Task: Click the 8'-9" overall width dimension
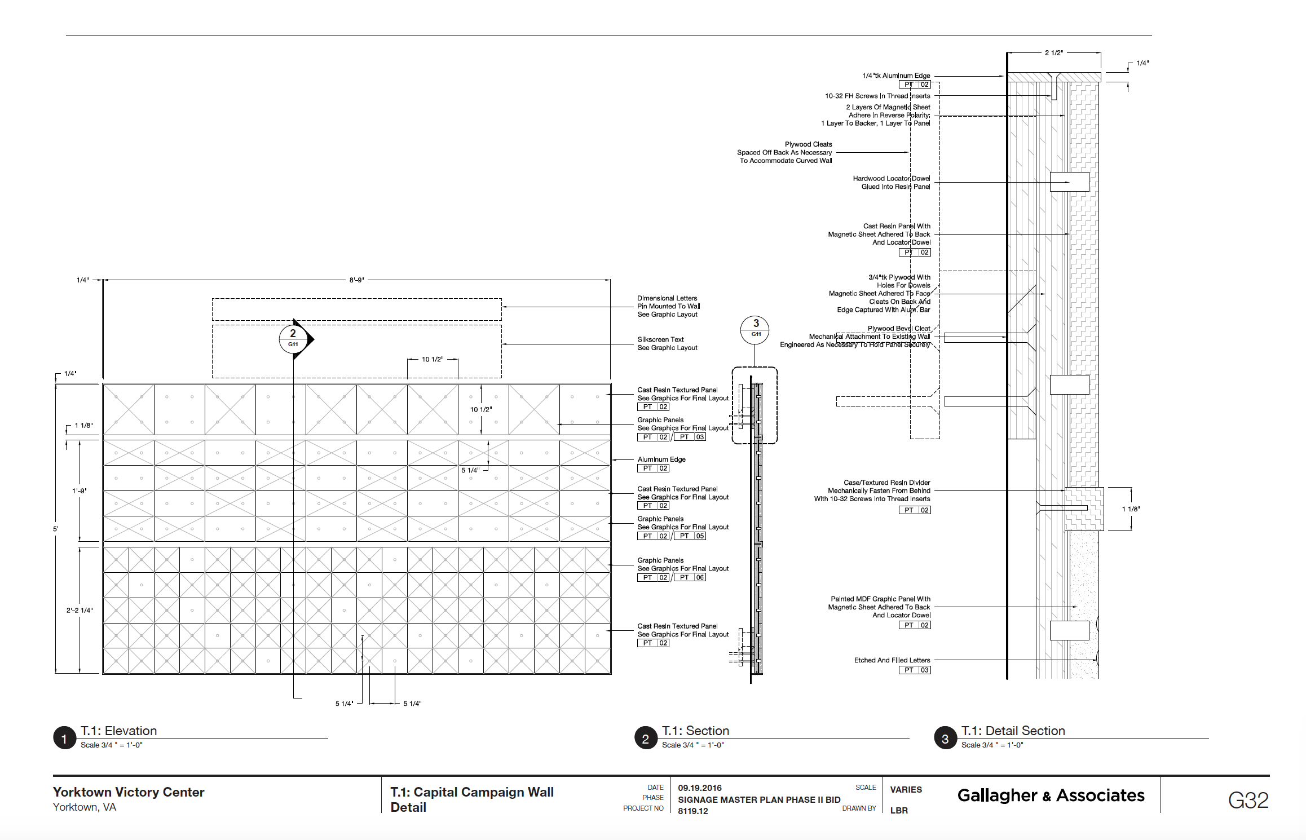click(x=356, y=280)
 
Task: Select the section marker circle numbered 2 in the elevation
click(x=293, y=339)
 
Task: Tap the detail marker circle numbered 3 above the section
click(x=756, y=329)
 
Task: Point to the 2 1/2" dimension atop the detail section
click(x=1053, y=53)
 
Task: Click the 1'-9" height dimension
click(x=79, y=491)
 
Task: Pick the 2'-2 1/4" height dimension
click(x=79, y=610)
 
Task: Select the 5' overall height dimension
click(x=55, y=529)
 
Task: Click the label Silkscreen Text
click(x=660, y=339)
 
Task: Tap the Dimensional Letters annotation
click(x=667, y=298)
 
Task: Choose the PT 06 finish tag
click(x=690, y=577)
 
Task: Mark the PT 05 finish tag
click(x=690, y=536)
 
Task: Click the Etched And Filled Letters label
click(x=892, y=660)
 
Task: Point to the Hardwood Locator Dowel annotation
click(x=891, y=179)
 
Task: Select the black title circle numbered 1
click(x=64, y=738)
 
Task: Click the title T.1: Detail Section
click(x=1013, y=731)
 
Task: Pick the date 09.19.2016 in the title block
click(x=700, y=788)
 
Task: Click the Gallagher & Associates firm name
click(x=1051, y=795)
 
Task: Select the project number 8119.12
click(x=692, y=811)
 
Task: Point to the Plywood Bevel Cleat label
click(x=898, y=329)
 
